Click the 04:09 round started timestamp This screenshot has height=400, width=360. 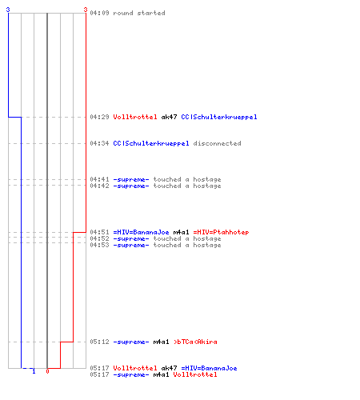coord(99,13)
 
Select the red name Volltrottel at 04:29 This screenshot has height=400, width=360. coord(135,117)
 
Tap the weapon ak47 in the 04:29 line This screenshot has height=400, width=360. coord(169,117)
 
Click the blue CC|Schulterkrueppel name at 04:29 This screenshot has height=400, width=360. coord(219,117)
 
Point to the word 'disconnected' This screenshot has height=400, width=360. coord(217,143)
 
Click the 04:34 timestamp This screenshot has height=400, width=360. coord(99,143)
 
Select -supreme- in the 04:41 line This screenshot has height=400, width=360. coord(131,179)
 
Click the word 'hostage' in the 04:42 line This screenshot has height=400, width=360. coord(207,186)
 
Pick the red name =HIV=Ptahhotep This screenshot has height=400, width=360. coord(221,232)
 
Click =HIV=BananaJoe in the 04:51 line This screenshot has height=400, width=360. coord(141,232)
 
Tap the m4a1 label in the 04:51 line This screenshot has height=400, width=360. coord(181,232)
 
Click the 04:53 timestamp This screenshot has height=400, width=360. coord(99,245)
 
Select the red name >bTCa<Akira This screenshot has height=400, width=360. coord(195,342)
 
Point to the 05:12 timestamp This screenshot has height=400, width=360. coord(99,342)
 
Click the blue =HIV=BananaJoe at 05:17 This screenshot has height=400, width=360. coord(209,368)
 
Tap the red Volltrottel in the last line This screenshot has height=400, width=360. coord(195,374)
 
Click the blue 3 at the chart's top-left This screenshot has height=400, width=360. coord(8,10)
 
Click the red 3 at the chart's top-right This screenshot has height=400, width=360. coord(86,10)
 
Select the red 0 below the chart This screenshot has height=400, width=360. coord(47,371)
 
